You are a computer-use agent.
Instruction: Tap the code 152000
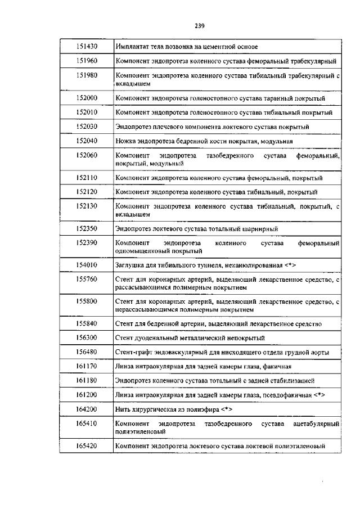(86, 98)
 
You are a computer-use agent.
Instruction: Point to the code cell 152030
(86, 127)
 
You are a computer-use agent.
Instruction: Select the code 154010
(86, 264)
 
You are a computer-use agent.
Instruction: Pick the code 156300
(86, 338)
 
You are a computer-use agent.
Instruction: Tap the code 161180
(86, 381)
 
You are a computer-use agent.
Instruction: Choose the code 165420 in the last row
(86, 446)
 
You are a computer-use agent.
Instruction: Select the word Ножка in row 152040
(125, 141)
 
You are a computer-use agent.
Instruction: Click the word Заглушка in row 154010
(130, 264)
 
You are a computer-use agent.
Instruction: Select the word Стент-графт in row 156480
(133, 353)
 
